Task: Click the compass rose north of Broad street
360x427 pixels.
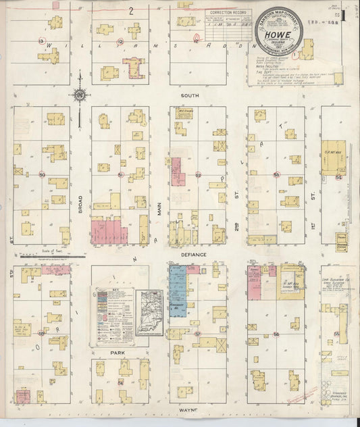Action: pyautogui.click(x=80, y=97)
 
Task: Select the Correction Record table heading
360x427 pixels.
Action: pyautogui.click(x=226, y=13)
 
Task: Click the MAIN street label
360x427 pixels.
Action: pyautogui.click(x=160, y=204)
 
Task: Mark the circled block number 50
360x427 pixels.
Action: pyautogui.click(x=42, y=175)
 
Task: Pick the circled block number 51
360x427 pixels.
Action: pyautogui.click(x=121, y=175)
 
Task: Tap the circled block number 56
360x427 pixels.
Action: pyautogui.click(x=276, y=334)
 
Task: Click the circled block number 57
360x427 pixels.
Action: pyautogui.click(x=198, y=334)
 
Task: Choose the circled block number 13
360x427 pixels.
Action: pyautogui.click(x=42, y=42)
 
